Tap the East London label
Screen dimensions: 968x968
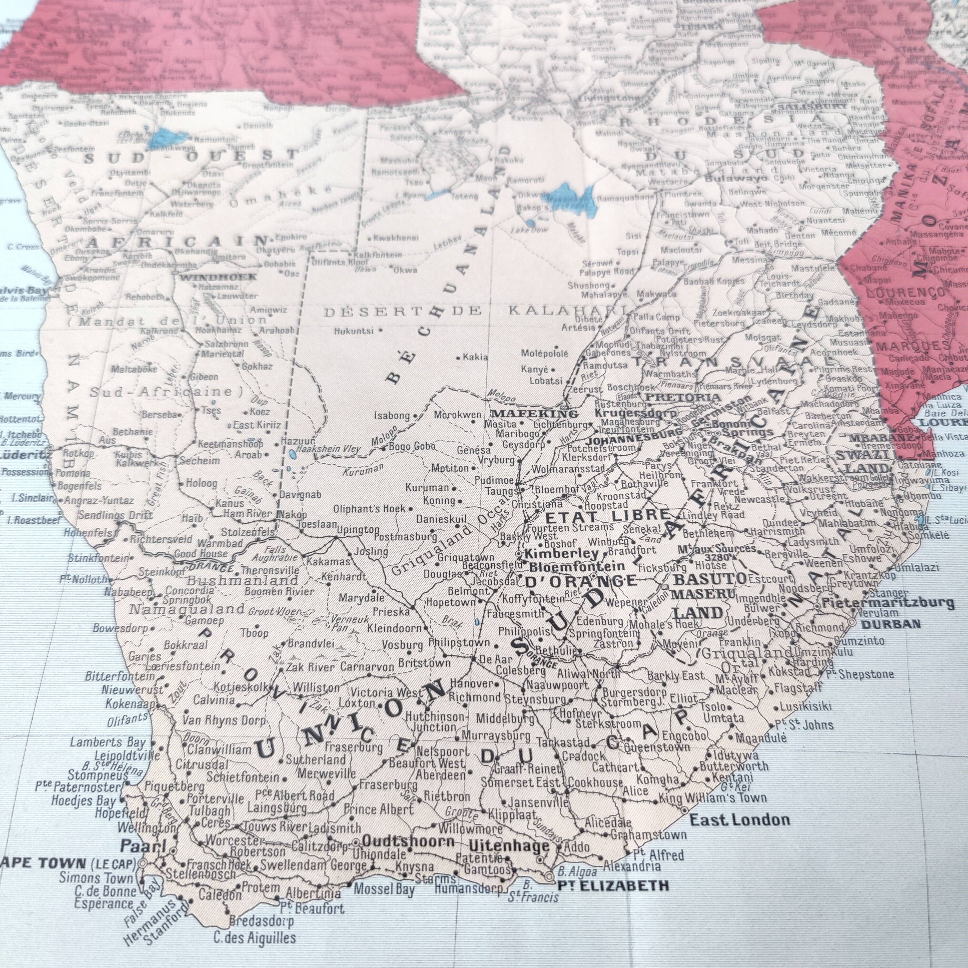coord(740,820)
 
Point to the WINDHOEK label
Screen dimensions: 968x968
coord(218,277)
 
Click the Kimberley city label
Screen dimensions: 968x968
coord(562,554)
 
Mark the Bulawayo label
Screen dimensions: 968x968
coord(736,178)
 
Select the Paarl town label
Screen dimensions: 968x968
coord(143,846)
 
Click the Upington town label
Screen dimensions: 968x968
coord(358,529)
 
